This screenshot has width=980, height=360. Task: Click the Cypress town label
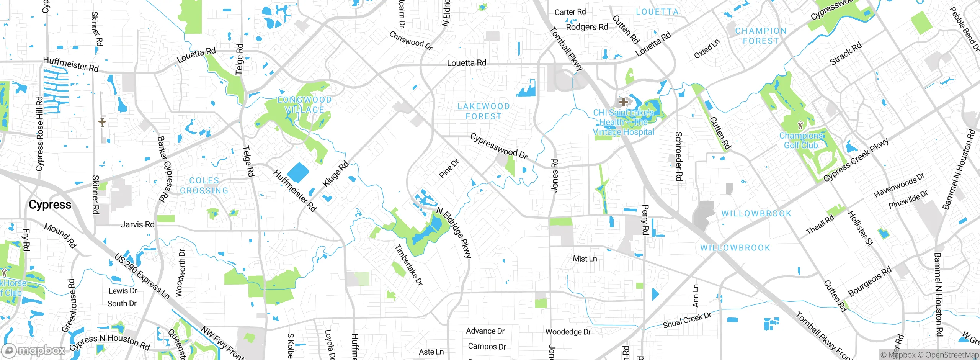pos(50,205)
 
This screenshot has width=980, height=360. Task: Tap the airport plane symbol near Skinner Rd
pos(102,123)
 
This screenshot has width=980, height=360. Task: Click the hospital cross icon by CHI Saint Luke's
pos(623,102)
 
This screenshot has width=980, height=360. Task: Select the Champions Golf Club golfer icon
pos(800,125)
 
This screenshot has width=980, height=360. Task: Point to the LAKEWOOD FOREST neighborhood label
pos(483,111)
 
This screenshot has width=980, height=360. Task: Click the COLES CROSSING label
pos(204,185)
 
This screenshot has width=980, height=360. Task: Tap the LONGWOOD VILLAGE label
pos(304,105)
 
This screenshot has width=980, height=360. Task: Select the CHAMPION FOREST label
pos(761,36)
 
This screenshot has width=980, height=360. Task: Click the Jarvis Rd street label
pos(137,224)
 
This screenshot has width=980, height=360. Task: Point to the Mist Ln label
pos(585,259)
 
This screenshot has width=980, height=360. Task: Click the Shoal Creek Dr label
pos(687,320)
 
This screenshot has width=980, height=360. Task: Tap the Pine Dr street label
pos(449,169)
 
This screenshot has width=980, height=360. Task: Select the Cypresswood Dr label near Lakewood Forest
pos(499,146)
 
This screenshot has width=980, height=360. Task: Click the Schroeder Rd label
pos(678,156)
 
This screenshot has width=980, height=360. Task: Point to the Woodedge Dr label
pos(568,332)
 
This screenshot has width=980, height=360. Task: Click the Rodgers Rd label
pos(587,27)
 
